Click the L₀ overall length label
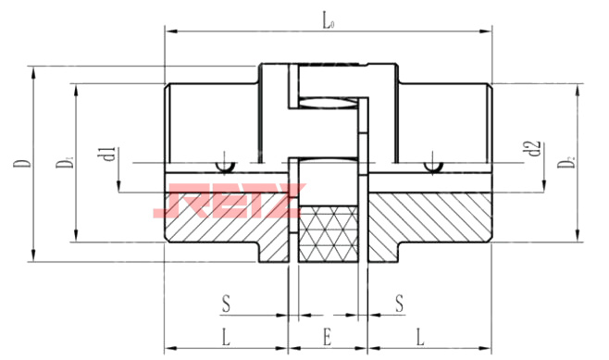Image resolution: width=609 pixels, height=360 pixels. (329, 22)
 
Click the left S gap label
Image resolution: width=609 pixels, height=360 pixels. (226, 304)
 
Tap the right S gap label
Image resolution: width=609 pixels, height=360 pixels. (400, 304)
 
